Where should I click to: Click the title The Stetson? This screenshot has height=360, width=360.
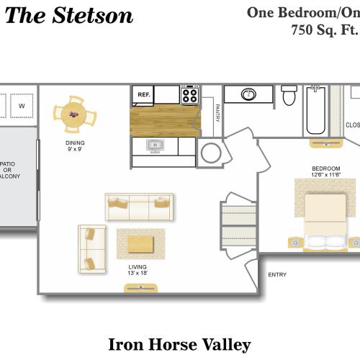pyautogui.click(x=69, y=16)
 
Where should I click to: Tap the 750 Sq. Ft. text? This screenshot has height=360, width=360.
pyautogui.click(x=324, y=30)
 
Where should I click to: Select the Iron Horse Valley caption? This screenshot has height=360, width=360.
pyautogui.click(x=179, y=344)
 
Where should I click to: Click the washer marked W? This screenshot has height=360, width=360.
pyautogui.click(x=22, y=106)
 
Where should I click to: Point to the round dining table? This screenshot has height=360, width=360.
pyautogui.click(x=71, y=114)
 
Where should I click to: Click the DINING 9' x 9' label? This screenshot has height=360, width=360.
pyautogui.click(x=75, y=147)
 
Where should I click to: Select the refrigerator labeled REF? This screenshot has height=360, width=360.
pyautogui.click(x=143, y=94)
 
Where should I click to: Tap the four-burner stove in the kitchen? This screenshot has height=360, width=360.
pyautogui.click(x=190, y=94)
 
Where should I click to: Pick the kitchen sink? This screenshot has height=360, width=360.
pyautogui.click(x=155, y=146)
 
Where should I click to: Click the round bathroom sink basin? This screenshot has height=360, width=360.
pyautogui.click(x=248, y=94)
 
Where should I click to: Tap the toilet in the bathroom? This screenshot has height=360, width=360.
pyautogui.click(x=289, y=95)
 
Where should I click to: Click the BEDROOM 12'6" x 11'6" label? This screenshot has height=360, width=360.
pyautogui.click(x=325, y=171)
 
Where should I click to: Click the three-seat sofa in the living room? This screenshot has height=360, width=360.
pyautogui.click(x=139, y=207)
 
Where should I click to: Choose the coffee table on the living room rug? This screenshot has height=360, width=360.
pyautogui.click(x=140, y=244)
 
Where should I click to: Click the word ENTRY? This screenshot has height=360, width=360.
pyautogui.click(x=277, y=274)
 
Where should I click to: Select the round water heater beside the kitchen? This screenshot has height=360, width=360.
pyautogui.click(x=212, y=153)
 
